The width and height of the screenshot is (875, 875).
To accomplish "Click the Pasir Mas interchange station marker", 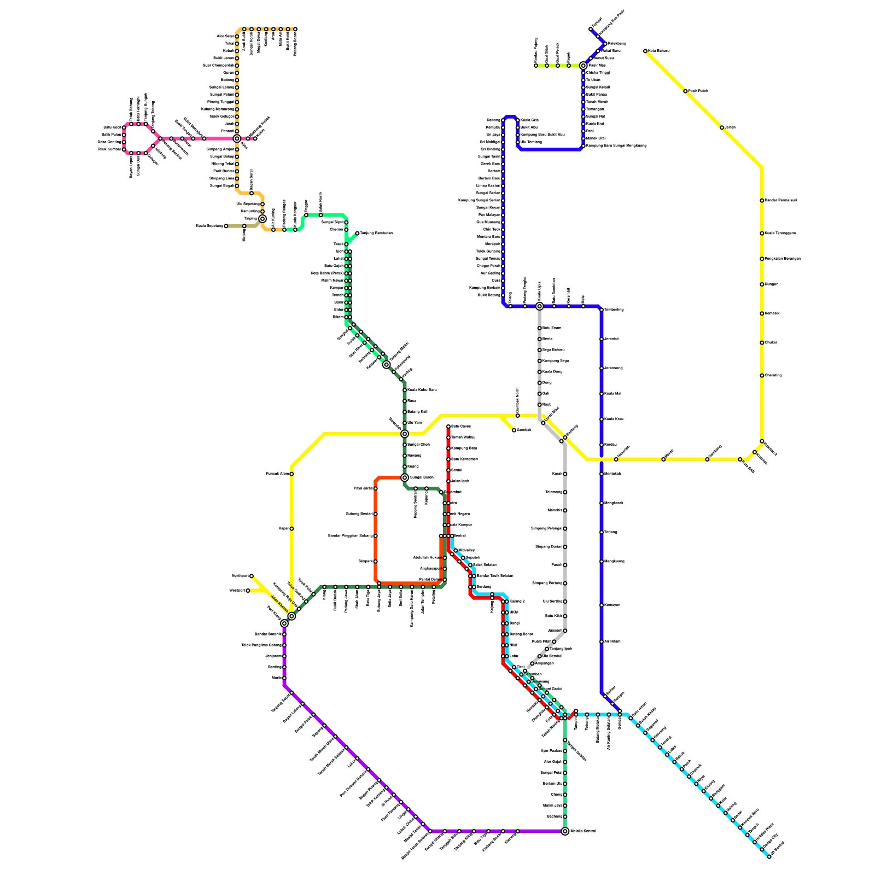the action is [x=584, y=66].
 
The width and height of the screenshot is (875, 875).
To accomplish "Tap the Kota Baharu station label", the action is [x=658, y=51].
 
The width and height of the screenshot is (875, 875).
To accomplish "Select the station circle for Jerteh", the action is [x=722, y=127].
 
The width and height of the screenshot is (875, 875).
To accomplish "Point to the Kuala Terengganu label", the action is [x=780, y=234].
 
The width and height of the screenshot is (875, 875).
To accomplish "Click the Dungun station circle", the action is [x=762, y=284].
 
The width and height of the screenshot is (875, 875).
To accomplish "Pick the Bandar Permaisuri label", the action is [x=781, y=201].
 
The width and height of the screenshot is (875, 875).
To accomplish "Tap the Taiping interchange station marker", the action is [x=262, y=219].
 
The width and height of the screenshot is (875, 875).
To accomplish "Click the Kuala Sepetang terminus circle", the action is [x=226, y=226].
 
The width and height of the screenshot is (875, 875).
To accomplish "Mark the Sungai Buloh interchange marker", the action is [x=405, y=477].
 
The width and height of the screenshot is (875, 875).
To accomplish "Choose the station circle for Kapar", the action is [x=291, y=529].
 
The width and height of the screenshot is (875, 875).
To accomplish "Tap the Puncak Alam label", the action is [x=277, y=474].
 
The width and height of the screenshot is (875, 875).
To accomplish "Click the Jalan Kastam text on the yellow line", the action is [x=280, y=604].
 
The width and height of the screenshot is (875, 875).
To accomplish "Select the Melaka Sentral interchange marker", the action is [x=565, y=831].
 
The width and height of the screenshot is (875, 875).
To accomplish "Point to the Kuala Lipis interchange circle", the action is [x=539, y=306].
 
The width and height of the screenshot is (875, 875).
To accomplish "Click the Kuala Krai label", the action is [x=595, y=124].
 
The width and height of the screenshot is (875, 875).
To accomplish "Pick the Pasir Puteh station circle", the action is [x=685, y=91].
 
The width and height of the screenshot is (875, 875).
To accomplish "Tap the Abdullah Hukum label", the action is [x=427, y=558].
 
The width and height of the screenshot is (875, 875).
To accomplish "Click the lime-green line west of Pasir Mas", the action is [x=552, y=66].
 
